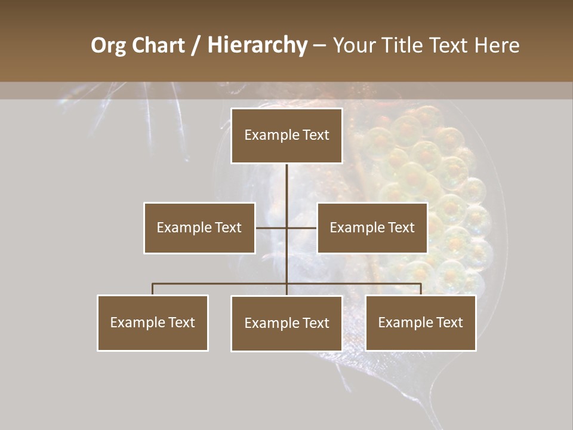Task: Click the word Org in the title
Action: pos(109,45)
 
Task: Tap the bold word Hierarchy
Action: pos(257,45)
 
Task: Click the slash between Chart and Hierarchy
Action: pos(196,46)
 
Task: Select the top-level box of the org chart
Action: pos(286,136)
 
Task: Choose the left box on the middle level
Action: pos(199,228)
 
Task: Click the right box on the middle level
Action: pos(372,228)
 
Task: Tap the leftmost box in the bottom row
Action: pos(152,323)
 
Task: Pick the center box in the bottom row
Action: pos(286,324)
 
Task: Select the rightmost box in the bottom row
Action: pos(421,323)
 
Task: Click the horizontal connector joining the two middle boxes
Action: pos(272,228)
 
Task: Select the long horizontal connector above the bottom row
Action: pos(221,284)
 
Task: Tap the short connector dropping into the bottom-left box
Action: pos(152,290)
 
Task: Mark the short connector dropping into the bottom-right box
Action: pos(421,290)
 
